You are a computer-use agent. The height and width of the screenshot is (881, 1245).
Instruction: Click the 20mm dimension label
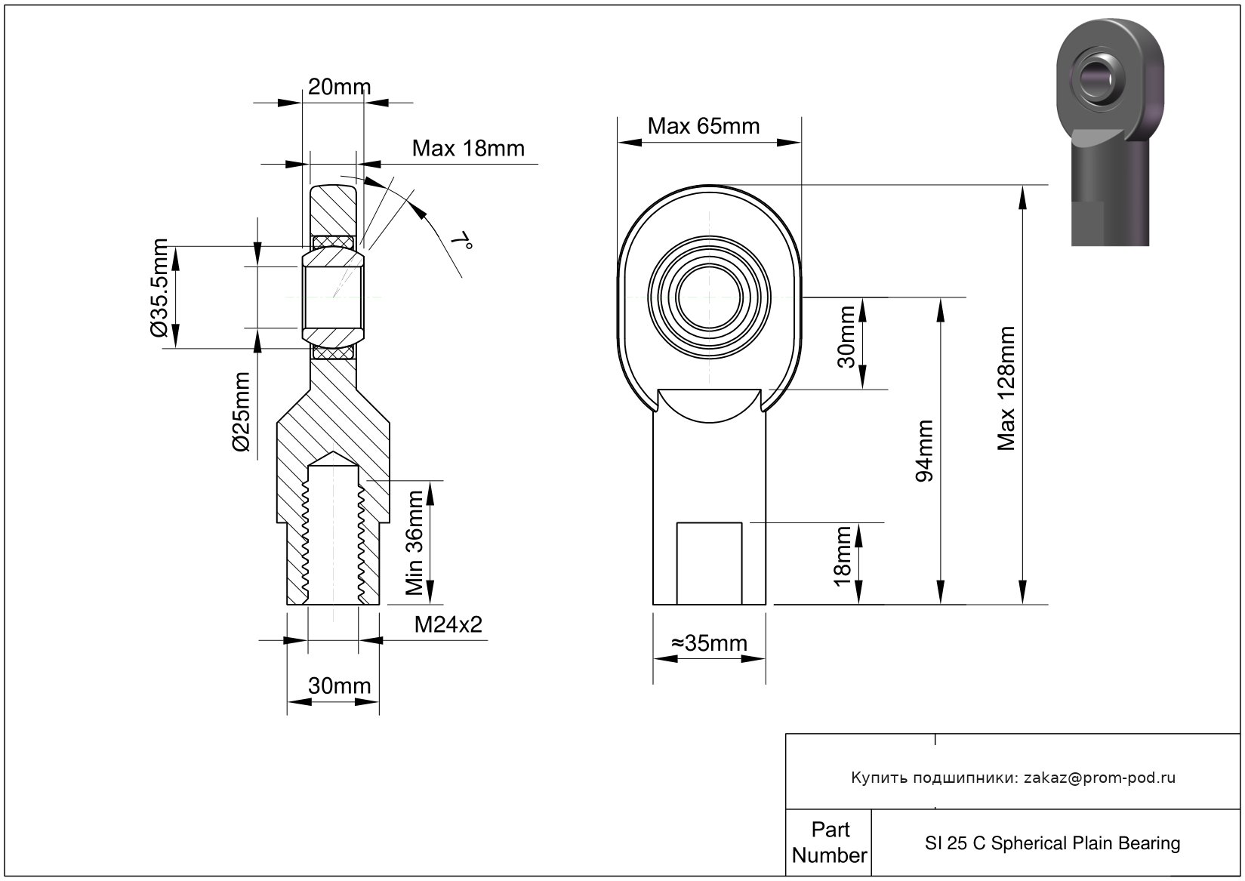(x=339, y=88)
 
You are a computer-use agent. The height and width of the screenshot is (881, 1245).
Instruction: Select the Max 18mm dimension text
(x=467, y=148)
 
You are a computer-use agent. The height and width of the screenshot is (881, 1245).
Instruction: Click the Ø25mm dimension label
(x=242, y=411)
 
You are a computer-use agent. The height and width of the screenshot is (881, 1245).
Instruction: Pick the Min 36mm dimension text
(x=414, y=542)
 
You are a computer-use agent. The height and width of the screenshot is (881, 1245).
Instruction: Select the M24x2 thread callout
(x=448, y=624)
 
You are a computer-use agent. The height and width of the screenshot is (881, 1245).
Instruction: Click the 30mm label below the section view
(x=339, y=685)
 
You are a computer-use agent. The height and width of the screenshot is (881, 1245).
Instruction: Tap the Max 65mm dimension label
(x=703, y=126)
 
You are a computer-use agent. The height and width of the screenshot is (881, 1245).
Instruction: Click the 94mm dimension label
(x=924, y=451)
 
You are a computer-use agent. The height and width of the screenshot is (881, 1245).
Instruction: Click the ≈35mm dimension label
(x=709, y=643)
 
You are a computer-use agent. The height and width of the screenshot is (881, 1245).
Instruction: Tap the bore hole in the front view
(x=710, y=297)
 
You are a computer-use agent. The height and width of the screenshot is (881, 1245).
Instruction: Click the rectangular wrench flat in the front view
(x=709, y=562)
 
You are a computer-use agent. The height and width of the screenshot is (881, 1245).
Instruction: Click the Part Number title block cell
(x=829, y=842)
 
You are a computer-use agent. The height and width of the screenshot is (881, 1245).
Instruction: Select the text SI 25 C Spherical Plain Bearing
(x=1052, y=843)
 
